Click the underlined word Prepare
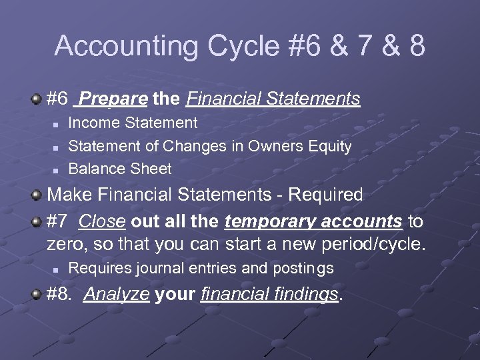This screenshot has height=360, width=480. tap(112, 99)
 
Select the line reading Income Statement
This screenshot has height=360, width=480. tap(133, 123)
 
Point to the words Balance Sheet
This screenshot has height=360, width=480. tap(120, 169)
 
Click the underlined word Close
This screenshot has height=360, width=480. tap(107, 221)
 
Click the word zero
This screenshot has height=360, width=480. tap(66, 244)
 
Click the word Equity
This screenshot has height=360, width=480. tap(331, 146)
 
